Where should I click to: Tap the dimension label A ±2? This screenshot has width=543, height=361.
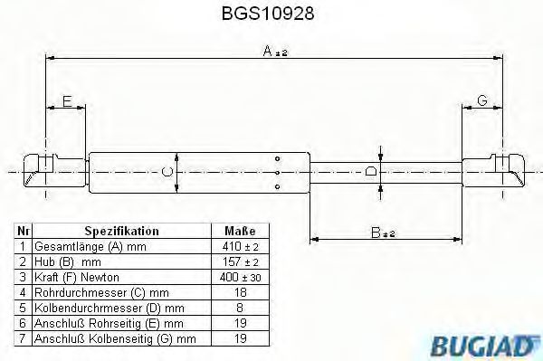tap(274, 52)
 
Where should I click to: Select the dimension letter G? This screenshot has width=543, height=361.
tap(481, 101)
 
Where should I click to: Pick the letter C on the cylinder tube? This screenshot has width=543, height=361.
tap(166, 170)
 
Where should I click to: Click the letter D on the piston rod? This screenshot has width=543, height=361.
tap(370, 170)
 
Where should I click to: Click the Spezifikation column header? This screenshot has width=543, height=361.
tap(121, 231)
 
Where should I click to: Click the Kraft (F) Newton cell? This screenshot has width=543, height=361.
tap(77, 276)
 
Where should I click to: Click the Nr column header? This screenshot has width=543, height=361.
tap(24, 231)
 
